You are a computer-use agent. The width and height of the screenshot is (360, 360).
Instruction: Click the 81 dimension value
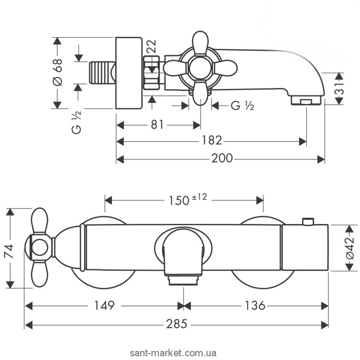click(157, 125)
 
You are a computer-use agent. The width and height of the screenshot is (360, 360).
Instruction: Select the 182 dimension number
click(211, 140)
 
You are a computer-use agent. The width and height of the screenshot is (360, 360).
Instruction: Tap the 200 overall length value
click(222, 158)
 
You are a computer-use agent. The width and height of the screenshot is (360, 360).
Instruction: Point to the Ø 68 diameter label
click(58, 72)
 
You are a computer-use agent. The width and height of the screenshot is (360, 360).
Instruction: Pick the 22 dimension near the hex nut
click(151, 46)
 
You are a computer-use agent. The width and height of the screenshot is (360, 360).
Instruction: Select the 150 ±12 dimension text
click(188, 199)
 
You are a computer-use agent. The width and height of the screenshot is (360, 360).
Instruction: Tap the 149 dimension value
click(104, 306)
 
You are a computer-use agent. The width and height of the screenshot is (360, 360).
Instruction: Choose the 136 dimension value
click(255, 306)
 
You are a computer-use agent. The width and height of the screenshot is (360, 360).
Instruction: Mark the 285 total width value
click(177, 324)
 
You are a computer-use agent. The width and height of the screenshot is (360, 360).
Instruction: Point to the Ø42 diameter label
click(350, 249)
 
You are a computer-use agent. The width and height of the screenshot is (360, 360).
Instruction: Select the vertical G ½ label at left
click(76, 122)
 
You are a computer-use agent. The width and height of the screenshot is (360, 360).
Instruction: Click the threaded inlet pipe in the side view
click(102, 73)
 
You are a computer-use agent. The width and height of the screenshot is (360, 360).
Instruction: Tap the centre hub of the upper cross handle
click(201, 68)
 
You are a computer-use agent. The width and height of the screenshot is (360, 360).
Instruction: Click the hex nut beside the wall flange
click(151, 73)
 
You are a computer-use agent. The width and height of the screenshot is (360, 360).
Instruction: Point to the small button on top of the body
click(308, 221)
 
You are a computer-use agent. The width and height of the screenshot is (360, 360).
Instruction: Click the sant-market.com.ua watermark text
click(173, 353)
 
